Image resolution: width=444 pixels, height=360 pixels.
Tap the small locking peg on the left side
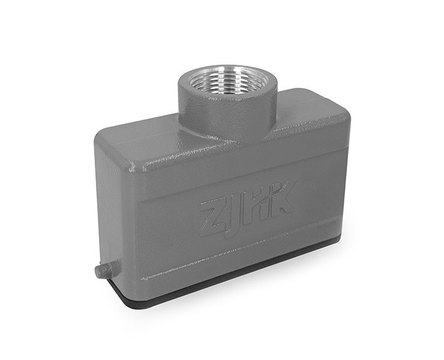pos(104,270)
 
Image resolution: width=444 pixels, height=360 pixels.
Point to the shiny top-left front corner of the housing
pos(133,167)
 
